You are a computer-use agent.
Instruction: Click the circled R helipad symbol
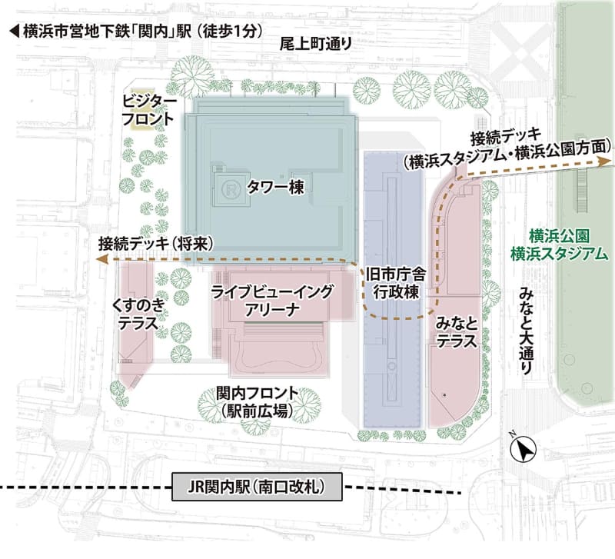click(230, 187)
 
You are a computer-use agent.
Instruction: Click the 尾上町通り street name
click(316, 45)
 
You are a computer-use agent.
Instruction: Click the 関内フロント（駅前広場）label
click(257, 404)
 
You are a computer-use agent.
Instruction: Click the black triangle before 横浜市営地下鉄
click(13, 32)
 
